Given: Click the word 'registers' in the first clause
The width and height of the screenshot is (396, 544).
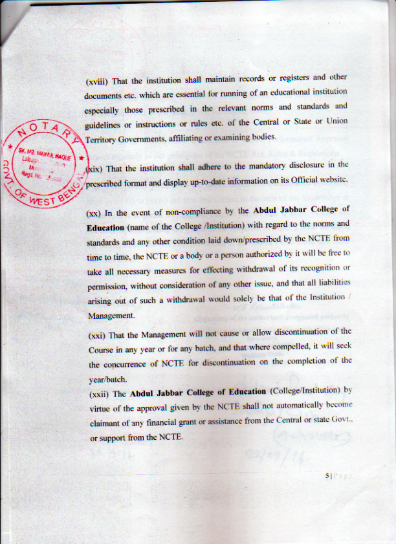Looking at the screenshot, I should point(291,80).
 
